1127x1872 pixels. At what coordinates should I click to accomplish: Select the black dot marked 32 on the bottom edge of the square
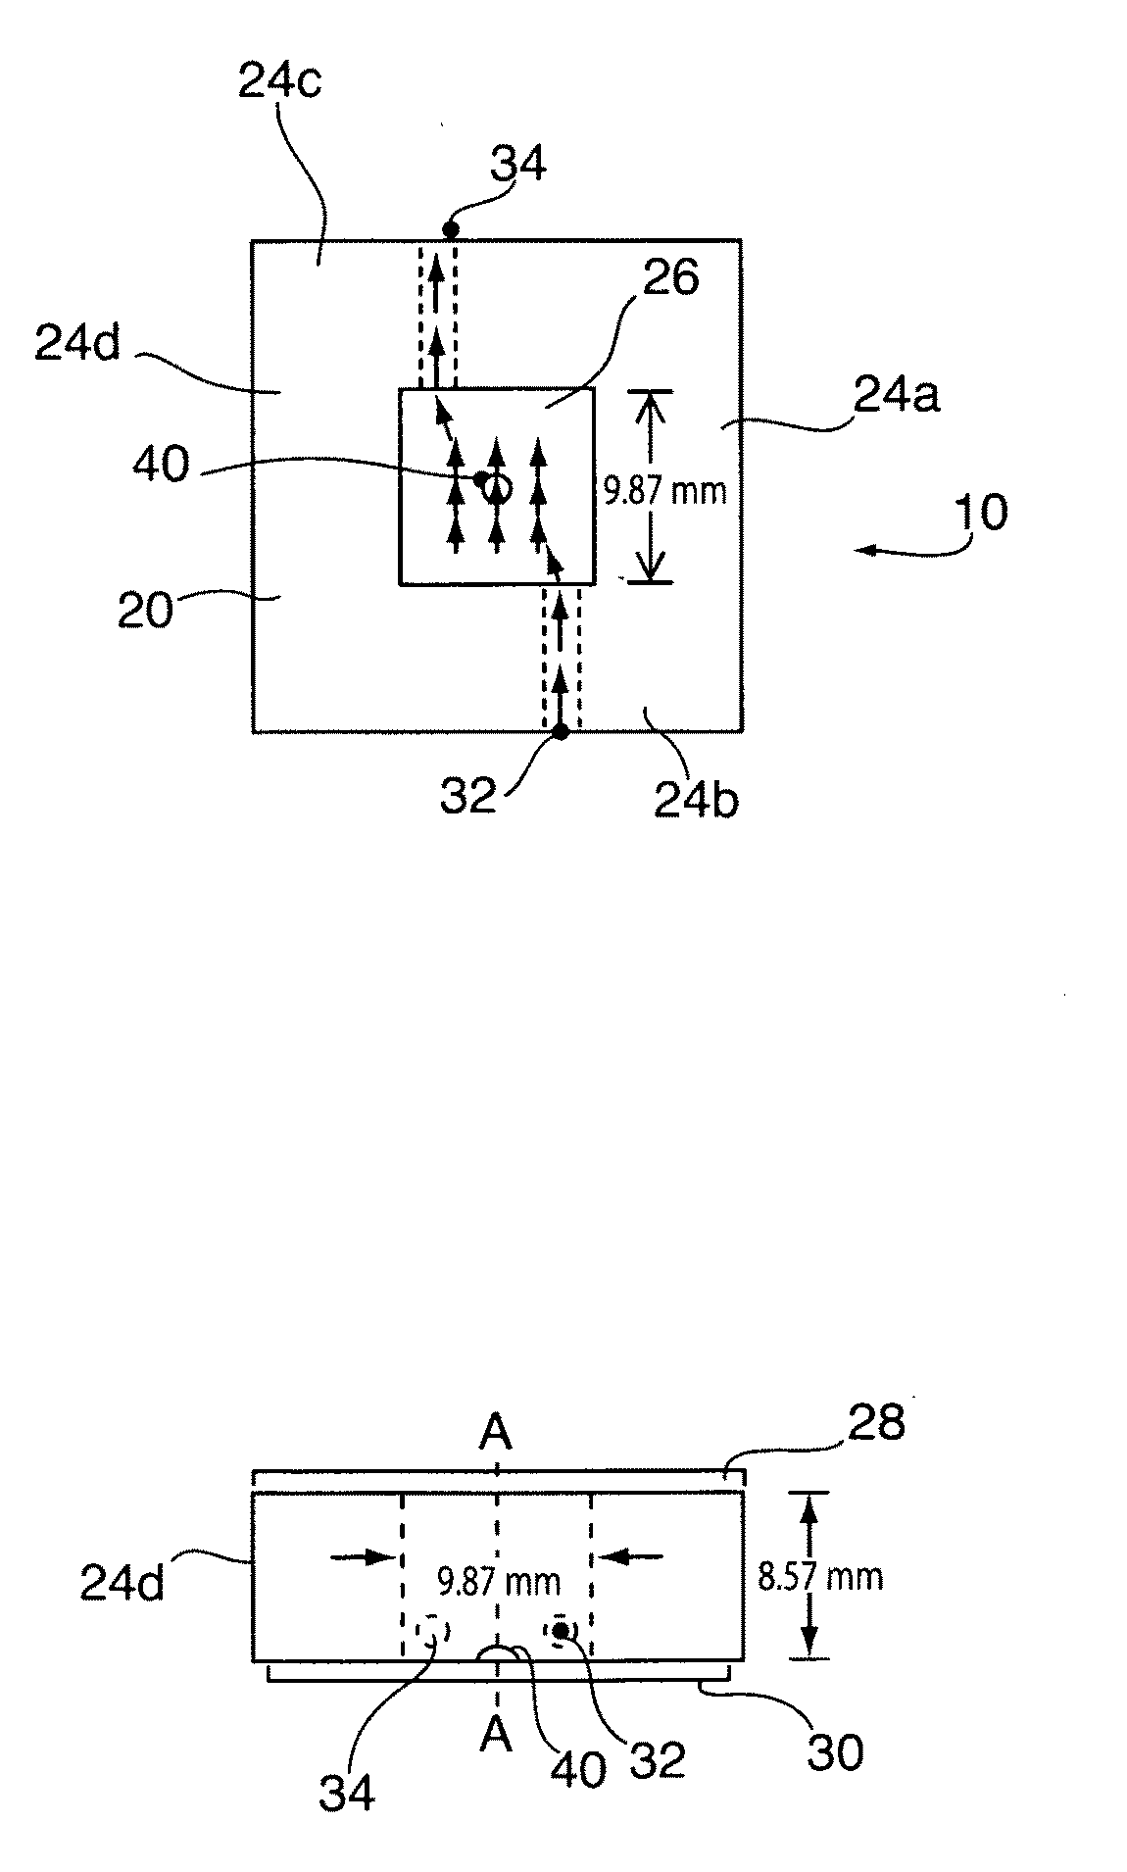[561, 731]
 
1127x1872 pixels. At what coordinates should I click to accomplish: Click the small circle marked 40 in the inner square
[499, 486]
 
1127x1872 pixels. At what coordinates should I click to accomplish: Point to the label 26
[671, 280]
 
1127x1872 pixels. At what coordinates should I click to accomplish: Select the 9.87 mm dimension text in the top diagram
[665, 489]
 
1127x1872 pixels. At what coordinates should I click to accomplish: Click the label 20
[145, 612]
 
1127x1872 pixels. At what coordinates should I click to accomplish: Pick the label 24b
[697, 800]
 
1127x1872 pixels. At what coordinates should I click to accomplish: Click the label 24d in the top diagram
[77, 343]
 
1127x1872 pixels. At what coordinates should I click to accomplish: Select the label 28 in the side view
[877, 1422]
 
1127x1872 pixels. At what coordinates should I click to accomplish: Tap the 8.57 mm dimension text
[820, 1576]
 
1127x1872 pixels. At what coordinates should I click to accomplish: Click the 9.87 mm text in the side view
[499, 1581]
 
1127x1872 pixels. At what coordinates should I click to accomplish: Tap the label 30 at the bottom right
[835, 1753]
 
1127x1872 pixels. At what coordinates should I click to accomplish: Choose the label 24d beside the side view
[122, 1584]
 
